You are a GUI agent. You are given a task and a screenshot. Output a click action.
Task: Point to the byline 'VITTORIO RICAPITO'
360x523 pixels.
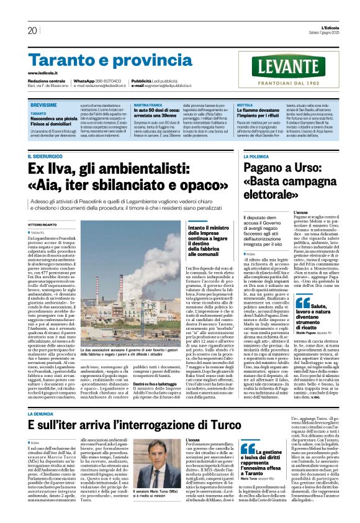43,224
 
